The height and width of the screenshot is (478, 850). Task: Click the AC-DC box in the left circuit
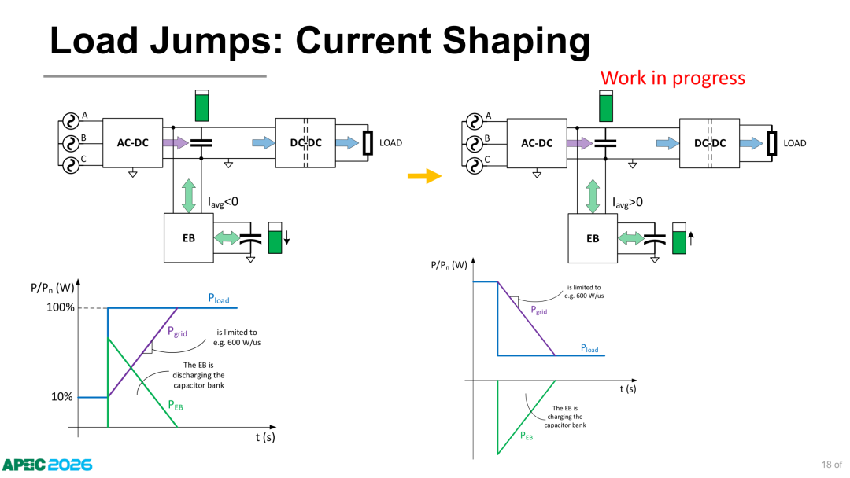[133, 143]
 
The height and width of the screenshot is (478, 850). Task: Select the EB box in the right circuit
[593, 238]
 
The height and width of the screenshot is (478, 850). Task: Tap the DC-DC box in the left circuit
[305, 143]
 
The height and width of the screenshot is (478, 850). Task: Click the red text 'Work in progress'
[673, 78]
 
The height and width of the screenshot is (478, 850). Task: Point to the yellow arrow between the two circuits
[424, 176]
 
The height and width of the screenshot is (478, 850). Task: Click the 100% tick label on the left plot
[60, 307]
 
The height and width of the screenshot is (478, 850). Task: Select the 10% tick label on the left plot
[62, 397]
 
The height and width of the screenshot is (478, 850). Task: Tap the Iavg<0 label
[223, 203]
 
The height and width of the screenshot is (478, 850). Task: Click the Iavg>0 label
[628, 203]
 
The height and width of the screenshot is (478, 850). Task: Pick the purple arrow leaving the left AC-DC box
[176, 143]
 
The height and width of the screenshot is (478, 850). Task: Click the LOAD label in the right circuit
[795, 143]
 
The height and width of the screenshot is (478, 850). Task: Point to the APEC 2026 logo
[47, 465]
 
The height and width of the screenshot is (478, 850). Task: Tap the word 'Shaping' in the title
[516, 41]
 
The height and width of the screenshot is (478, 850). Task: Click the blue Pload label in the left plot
[219, 299]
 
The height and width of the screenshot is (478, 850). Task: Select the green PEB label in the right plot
[527, 436]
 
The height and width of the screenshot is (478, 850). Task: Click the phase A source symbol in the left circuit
[71, 121]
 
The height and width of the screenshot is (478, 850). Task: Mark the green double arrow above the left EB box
[189, 197]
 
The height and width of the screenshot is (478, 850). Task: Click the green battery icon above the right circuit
[606, 106]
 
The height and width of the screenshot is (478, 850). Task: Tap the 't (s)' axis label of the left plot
[265, 437]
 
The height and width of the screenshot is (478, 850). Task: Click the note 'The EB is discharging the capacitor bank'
[198, 375]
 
